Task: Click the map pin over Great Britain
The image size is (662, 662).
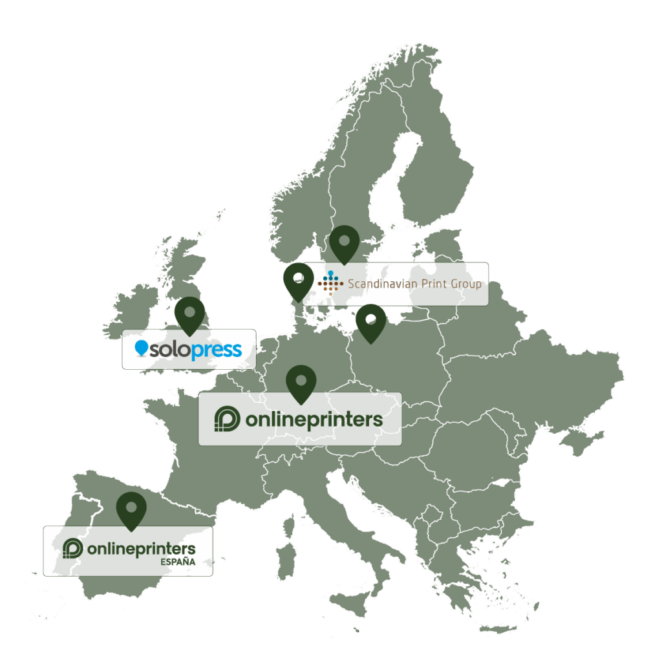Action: pyautogui.click(x=189, y=314)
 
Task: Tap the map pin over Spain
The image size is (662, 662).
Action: pyautogui.click(x=131, y=509)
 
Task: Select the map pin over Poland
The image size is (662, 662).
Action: pyautogui.click(x=370, y=321)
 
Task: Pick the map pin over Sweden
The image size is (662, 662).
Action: pyautogui.click(x=345, y=242)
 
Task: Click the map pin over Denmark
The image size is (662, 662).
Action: pyautogui.click(x=298, y=281)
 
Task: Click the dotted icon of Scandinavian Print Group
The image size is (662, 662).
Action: pyautogui.click(x=330, y=283)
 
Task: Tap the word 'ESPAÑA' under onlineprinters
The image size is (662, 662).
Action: pyautogui.click(x=177, y=562)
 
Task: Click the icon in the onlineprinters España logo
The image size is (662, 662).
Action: pyautogui.click(x=72, y=548)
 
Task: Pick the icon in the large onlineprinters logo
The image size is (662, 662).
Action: pyautogui.click(x=227, y=419)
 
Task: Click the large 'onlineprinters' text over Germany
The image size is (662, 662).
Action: pyautogui.click(x=314, y=420)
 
